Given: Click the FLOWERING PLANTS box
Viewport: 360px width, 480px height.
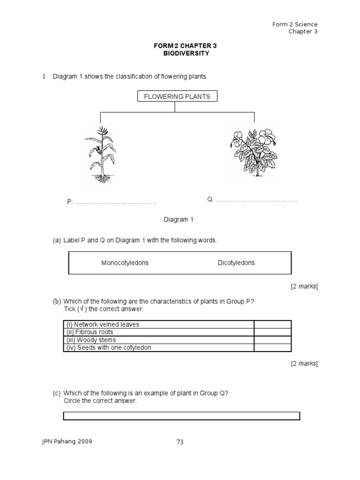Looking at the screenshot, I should click(177, 97).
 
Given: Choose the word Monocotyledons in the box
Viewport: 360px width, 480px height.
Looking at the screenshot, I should click(125, 263).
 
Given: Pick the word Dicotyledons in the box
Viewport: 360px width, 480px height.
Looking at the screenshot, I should click(236, 263).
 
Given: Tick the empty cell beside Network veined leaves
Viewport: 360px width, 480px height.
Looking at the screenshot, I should click(272, 324).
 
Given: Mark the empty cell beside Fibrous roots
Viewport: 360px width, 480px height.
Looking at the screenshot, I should click(272, 332).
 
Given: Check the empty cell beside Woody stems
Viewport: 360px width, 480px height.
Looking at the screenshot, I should click(272, 340).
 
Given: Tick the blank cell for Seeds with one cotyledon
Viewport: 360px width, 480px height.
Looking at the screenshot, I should click(272, 348).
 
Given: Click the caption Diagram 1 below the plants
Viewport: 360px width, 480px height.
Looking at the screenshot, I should click(178, 219).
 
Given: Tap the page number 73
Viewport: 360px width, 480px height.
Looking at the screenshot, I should click(180, 442).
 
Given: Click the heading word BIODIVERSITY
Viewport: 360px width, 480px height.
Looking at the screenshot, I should click(179, 53).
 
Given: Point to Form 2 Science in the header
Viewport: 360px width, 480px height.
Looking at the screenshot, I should click(295, 24).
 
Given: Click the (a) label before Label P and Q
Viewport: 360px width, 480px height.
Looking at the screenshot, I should click(57, 240).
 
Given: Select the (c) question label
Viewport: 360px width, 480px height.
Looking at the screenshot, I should click(57, 394).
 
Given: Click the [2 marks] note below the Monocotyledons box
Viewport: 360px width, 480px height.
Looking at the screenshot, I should click(304, 286).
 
